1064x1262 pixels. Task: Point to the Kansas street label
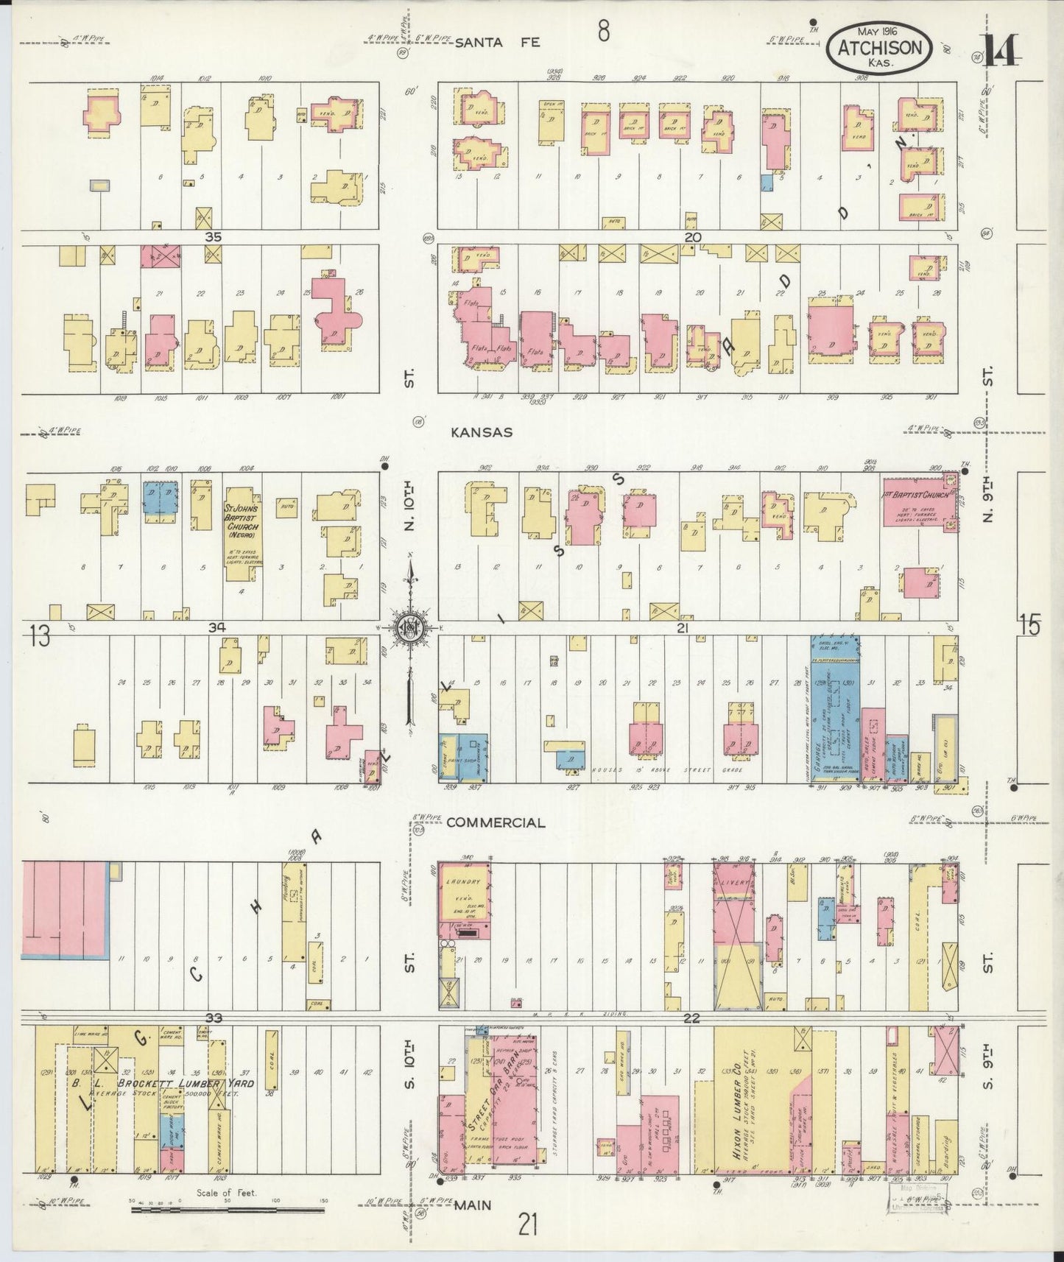[482, 433]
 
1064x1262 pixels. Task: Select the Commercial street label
[496, 822]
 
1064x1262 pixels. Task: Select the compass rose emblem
[407, 628]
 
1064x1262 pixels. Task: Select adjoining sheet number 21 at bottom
[527, 1226]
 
